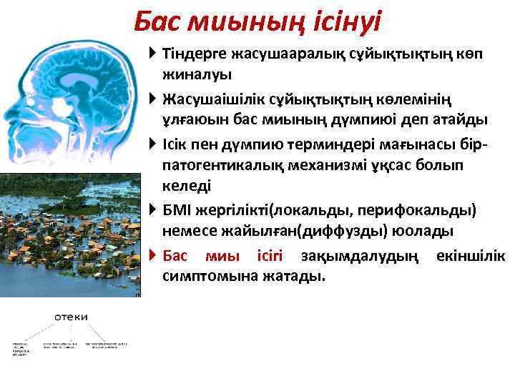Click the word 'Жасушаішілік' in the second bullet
tap(208, 97)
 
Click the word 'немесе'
tap(188, 231)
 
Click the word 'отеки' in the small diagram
tap(69, 316)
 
